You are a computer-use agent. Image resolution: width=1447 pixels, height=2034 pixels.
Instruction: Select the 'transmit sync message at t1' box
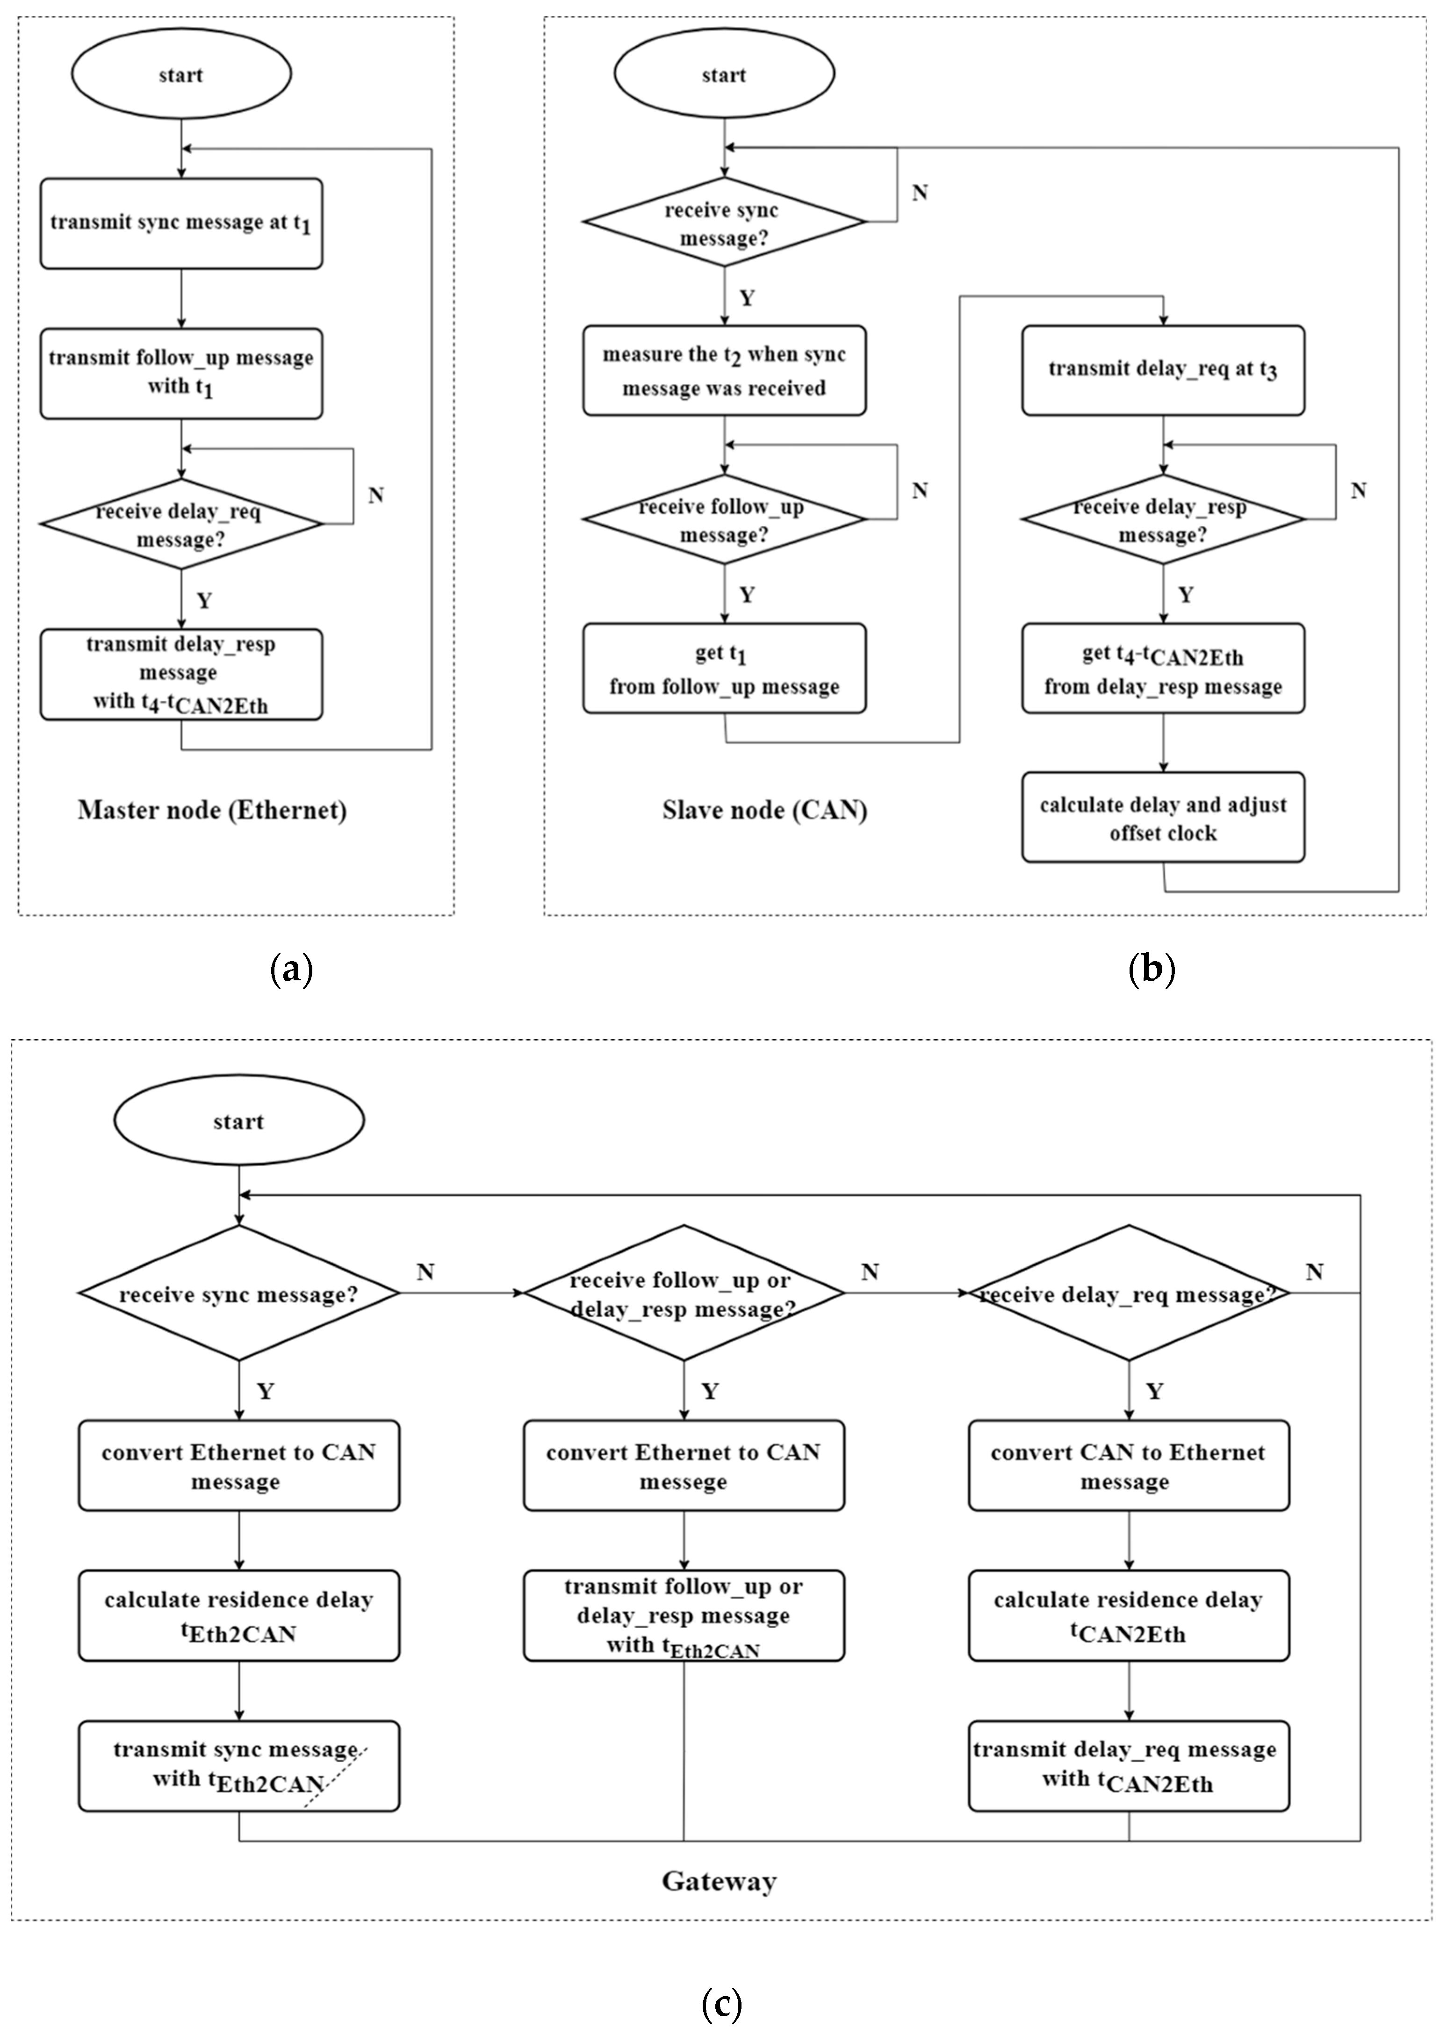[x=181, y=223]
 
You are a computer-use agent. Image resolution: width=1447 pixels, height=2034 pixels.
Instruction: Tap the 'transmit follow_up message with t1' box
[x=181, y=374]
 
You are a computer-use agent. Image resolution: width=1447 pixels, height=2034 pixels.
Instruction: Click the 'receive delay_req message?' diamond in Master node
[x=181, y=524]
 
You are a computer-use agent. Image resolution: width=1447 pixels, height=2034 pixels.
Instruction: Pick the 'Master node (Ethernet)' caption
[x=212, y=810]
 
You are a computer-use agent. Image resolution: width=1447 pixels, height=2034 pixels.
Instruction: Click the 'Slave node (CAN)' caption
[x=764, y=810]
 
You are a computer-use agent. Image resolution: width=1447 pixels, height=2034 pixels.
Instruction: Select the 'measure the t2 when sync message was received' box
[x=724, y=371]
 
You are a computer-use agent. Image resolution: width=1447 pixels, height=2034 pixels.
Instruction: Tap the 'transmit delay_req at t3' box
[x=1163, y=371]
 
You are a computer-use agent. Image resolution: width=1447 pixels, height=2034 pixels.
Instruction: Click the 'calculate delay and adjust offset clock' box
[x=1163, y=818]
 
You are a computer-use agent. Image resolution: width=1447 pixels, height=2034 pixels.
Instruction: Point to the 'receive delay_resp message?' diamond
[x=1163, y=520]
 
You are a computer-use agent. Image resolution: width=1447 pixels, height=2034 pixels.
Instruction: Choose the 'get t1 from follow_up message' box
[x=724, y=669]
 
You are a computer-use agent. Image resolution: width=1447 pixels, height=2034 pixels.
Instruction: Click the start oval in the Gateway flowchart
[x=239, y=1121]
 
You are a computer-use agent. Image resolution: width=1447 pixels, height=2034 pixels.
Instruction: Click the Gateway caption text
[x=719, y=1882]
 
